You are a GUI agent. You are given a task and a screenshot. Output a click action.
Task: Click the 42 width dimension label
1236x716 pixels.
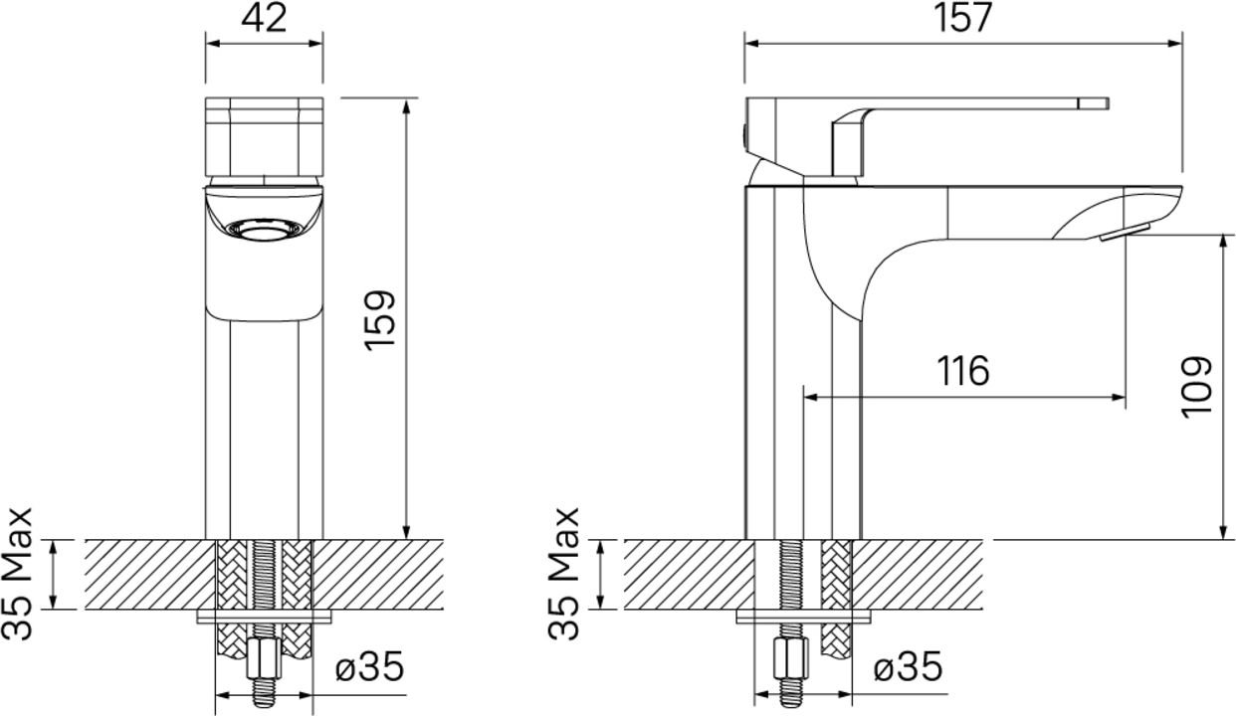[x=264, y=18]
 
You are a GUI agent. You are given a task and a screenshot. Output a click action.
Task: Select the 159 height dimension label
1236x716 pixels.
[x=379, y=320]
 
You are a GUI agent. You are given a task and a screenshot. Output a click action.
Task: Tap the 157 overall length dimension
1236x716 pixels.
[x=963, y=17]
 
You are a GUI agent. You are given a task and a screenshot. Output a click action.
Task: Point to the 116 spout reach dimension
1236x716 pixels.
[x=963, y=371]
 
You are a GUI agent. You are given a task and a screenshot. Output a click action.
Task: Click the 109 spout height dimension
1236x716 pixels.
[x=1196, y=387]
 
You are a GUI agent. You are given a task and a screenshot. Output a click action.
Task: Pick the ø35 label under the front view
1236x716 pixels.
[x=369, y=666]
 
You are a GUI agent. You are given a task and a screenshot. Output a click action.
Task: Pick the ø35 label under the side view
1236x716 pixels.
[x=909, y=666]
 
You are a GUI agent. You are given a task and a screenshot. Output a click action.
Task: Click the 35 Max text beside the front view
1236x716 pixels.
[x=17, y=574]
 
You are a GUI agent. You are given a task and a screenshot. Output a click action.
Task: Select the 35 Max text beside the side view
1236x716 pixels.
[x=563, y=574]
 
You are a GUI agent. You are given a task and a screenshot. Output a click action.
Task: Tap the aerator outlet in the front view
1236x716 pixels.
[x=265, y=230]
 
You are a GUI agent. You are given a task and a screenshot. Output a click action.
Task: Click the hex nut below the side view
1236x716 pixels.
[x=791, y=659]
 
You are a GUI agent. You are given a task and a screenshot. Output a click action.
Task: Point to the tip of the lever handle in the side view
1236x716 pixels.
[x=1108, y=104]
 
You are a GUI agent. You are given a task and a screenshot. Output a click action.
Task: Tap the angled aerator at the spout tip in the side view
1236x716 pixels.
[x=1125, y=232]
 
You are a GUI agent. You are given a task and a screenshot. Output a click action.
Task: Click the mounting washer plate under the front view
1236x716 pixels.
[x=265, y=617]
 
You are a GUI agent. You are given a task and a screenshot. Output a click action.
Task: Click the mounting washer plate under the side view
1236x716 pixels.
[x=804, y=617]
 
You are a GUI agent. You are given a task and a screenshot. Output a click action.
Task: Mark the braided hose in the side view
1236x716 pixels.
[x=836, y=598]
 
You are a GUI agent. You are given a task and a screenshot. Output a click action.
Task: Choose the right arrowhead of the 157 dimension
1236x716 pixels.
[x=1174, y=44]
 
